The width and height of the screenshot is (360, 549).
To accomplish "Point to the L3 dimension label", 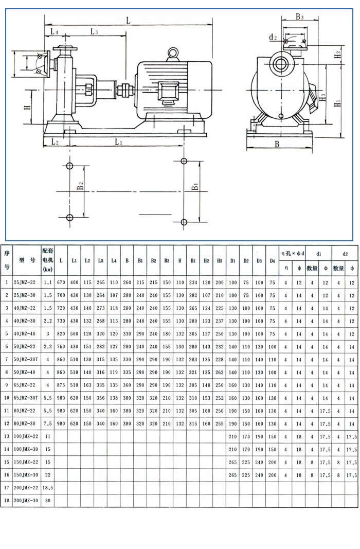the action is click(x=94, y=31).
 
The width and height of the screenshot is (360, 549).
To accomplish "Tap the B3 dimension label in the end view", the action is click(x=300, y=16).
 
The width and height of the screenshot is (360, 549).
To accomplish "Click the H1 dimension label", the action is click(x=337, y=103).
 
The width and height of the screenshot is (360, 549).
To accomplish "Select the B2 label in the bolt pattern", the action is click(x=80, y=186).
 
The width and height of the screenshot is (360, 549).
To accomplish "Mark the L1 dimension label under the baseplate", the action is click(x=119, y=142).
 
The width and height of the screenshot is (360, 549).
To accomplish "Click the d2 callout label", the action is click(x=273, y=37).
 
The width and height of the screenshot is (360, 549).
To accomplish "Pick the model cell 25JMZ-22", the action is click(x=25, y=282).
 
